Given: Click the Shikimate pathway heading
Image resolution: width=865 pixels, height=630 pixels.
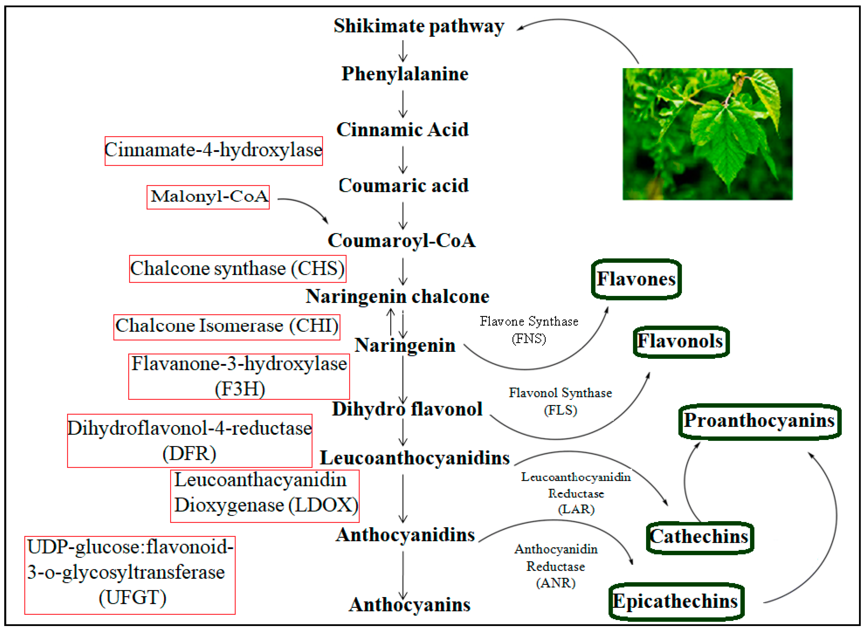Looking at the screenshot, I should click(x=419, y=26).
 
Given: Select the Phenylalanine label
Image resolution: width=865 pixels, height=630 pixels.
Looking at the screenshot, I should click(x=405, y=74).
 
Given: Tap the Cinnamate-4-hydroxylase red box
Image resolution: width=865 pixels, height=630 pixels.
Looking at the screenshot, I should click(x=213, y=151).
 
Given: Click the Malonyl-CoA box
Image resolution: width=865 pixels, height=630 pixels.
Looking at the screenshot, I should click(x=208, y=197).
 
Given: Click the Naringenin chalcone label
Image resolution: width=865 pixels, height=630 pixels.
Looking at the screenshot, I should click(x=397, y=297).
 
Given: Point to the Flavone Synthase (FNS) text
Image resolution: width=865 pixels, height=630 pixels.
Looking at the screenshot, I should click(x=529, y=330).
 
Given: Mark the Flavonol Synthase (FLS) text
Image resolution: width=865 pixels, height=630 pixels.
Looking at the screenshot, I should click(x=560, y=401).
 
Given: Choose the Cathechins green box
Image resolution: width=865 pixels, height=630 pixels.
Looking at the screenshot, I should click(x=699, y=537).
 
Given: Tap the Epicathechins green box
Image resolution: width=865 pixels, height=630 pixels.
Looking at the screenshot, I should click(x=675, y=601).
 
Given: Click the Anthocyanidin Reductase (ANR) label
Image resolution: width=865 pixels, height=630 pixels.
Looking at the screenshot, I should click(x=556, y=566).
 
